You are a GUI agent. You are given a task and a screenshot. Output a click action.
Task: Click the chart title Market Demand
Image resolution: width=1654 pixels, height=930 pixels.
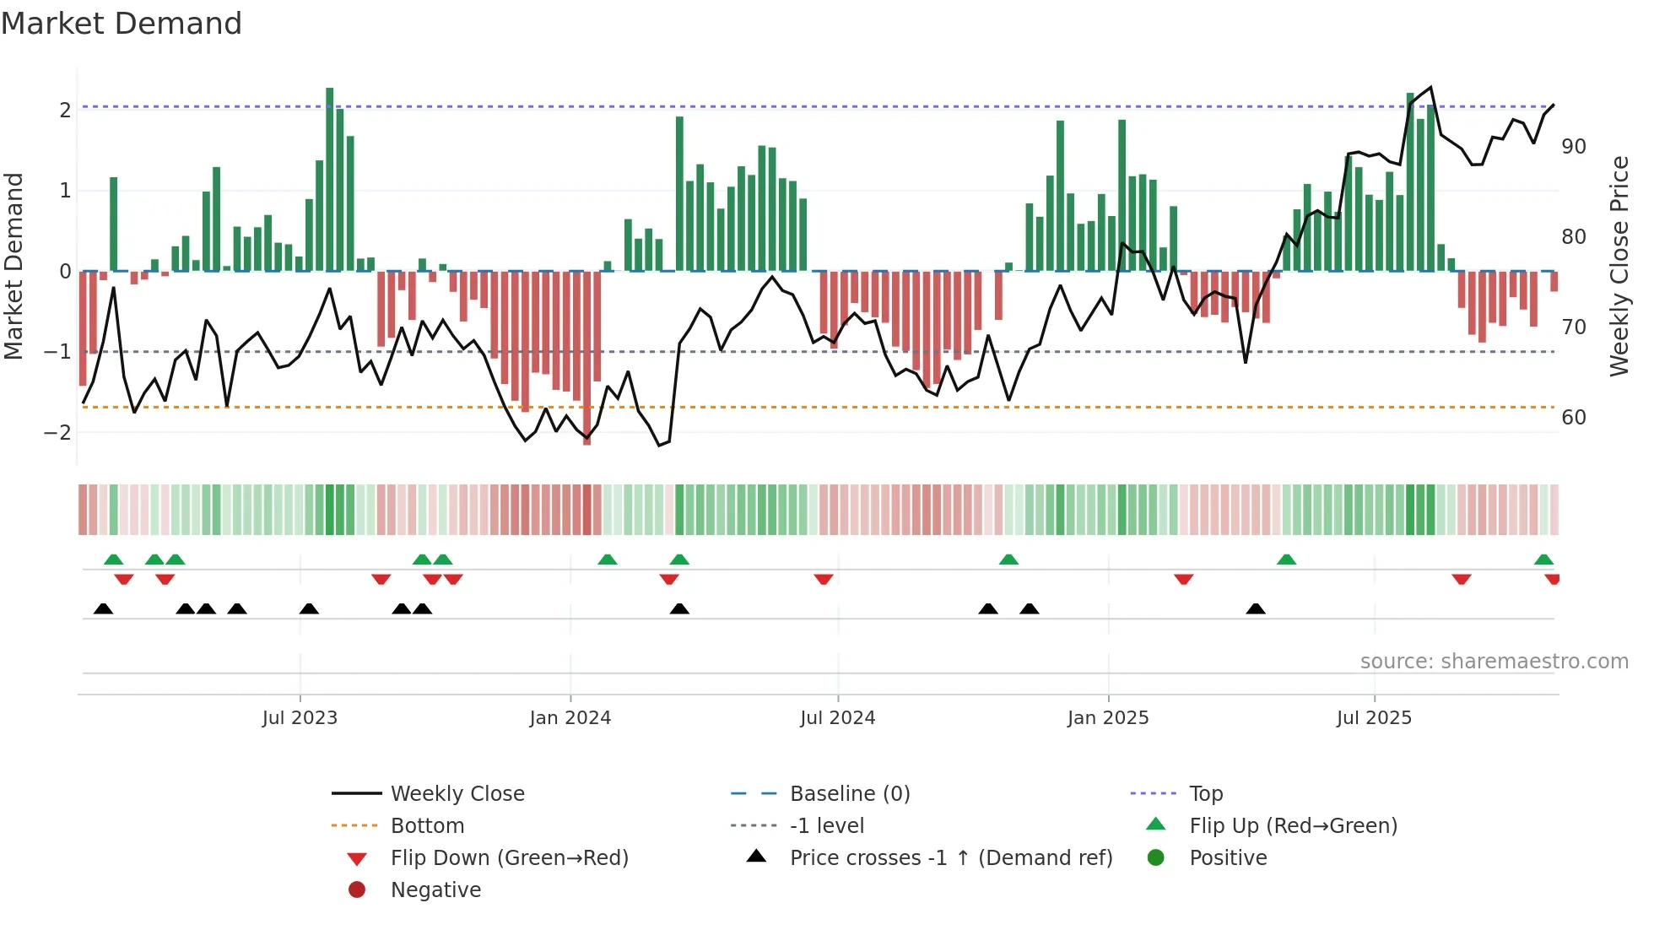122,24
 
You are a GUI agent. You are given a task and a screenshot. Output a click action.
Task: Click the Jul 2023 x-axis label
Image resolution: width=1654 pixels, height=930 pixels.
300,718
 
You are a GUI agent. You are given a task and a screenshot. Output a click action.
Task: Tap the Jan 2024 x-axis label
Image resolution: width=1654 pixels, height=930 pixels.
570,718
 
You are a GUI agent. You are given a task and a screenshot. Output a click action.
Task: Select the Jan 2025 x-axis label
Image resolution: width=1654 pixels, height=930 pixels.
1107,718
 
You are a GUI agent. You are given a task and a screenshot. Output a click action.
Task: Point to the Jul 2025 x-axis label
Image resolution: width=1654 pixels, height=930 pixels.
1374,718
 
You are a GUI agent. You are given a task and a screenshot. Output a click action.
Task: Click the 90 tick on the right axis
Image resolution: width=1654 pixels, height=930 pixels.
1573,147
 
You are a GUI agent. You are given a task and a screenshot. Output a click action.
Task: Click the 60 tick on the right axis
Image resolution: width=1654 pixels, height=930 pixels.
1573,418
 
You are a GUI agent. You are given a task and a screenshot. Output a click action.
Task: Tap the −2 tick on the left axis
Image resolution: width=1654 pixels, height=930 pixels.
57,433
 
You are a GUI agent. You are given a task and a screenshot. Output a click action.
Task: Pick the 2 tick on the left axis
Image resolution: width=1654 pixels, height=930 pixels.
65,111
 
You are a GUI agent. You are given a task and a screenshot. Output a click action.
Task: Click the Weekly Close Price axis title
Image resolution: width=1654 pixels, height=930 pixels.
1619,266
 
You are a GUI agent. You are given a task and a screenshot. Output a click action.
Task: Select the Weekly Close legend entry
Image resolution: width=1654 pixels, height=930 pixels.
457,794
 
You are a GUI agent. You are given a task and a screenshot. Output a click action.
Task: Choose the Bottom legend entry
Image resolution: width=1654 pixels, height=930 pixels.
427,826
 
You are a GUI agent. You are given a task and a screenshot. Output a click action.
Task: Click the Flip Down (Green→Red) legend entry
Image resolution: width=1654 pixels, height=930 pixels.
509,858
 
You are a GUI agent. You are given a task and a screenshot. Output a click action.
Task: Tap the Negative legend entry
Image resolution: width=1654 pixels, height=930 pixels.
435,890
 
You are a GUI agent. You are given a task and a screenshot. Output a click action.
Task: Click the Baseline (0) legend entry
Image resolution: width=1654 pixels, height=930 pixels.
849,794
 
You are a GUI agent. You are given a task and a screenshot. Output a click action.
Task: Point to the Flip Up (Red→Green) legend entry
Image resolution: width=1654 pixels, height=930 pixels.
1293,826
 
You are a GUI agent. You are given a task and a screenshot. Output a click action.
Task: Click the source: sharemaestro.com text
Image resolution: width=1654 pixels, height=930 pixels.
1494,662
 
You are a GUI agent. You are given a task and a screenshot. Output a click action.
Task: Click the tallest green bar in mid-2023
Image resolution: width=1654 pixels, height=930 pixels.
330,179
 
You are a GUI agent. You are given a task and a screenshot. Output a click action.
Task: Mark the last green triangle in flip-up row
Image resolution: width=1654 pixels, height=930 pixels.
1543,560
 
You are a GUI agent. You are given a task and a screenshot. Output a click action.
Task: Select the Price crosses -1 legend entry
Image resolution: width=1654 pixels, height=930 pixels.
950,858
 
